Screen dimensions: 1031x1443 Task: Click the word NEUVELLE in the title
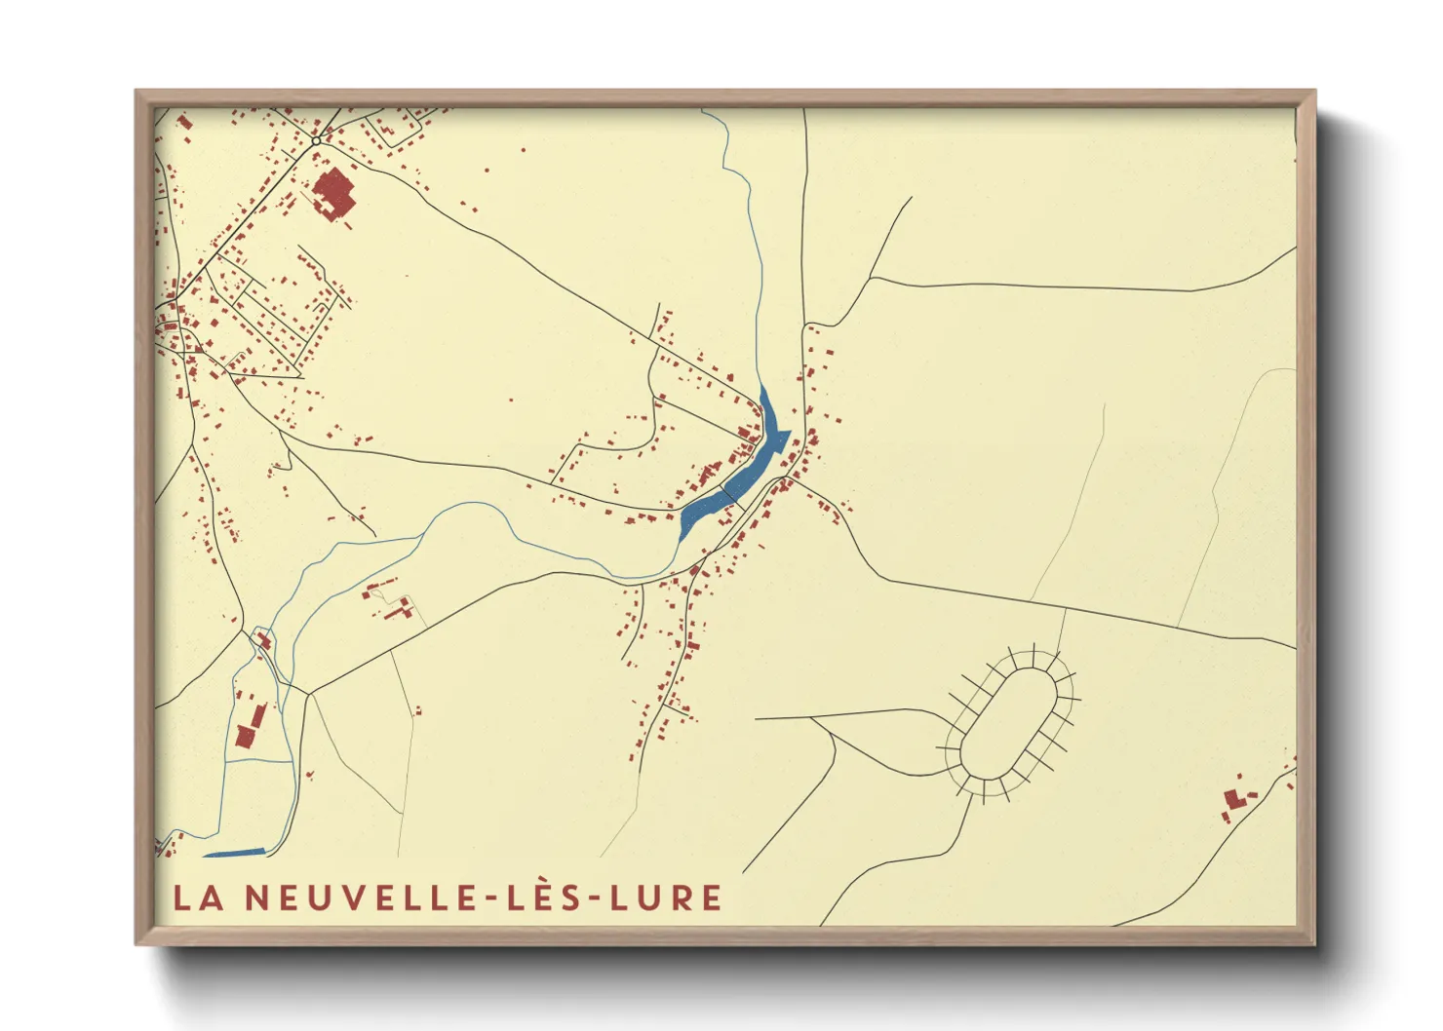coord(350,897)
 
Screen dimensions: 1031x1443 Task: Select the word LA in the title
coord(198,897)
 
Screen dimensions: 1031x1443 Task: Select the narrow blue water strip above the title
coord(234,853)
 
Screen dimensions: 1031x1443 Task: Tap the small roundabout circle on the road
coord(316,142)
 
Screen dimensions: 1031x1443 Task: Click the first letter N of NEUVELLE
coord(255,897)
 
